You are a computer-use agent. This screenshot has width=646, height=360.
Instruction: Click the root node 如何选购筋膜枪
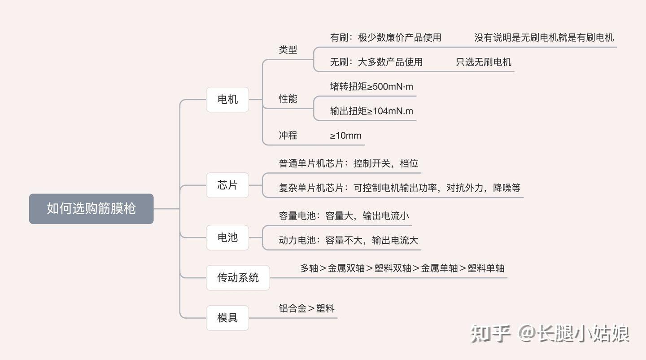pos(91,209)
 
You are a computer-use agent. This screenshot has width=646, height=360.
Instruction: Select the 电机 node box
pos(227,100)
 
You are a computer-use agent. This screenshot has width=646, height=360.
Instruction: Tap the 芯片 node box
pos(227,185)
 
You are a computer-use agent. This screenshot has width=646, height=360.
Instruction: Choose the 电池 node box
pos(227,237)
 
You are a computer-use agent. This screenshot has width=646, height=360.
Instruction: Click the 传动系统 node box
pos(238,278)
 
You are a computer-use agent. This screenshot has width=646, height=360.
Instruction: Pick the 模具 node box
pos(227,318)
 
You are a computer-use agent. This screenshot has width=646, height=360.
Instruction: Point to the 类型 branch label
pos(288,50)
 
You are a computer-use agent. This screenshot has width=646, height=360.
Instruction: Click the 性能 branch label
pos(288,99)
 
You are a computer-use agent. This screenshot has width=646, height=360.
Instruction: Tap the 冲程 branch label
pos(288,136)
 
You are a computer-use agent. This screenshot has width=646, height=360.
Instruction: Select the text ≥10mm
pos(345,136)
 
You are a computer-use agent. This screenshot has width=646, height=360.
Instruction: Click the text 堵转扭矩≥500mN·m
pos(371,87)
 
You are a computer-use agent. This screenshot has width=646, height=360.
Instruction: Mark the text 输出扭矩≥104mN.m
pos(371,111)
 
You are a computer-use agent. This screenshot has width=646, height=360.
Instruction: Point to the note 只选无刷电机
pos(484,62)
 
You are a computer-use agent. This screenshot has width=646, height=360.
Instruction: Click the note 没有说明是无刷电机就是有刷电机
pos(544,38)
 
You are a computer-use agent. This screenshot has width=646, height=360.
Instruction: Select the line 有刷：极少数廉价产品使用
pos(386,38)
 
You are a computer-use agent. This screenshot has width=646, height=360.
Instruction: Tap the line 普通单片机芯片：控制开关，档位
pos(349,163)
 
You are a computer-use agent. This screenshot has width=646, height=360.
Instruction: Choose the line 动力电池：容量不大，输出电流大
pos(349,240)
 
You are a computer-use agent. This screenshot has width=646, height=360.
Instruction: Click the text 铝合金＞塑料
pos(306,308)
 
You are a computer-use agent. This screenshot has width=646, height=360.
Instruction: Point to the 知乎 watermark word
pos(490,334)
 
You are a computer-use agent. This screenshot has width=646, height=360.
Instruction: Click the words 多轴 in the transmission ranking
pos(309,268)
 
